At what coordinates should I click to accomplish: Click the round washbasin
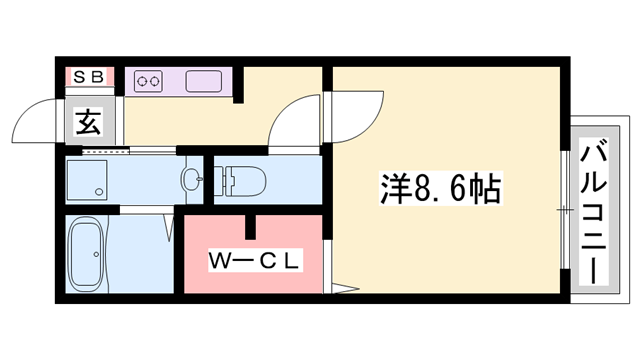[192, 181]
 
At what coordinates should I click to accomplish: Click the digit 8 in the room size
[422, 186]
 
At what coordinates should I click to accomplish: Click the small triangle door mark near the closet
[345, 293]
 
